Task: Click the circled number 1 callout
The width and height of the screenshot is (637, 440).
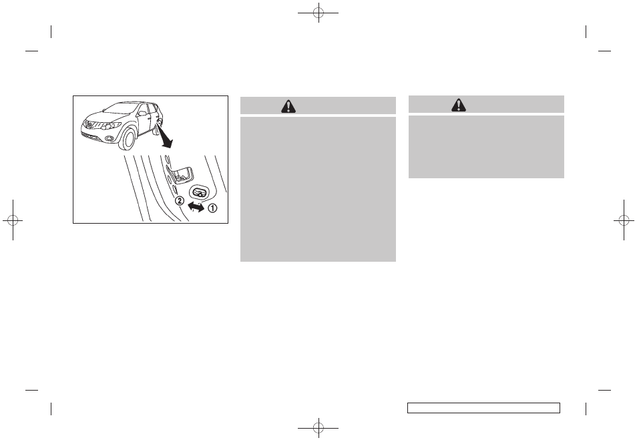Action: click(x=213, y=207)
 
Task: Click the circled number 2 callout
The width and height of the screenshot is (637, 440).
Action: click(x=179, y=200)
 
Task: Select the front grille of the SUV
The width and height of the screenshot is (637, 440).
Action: click(x=93, y=125)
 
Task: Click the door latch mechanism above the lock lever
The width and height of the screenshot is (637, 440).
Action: click(x=180, y=174)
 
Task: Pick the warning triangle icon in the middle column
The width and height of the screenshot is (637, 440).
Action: click(x=288, y=105)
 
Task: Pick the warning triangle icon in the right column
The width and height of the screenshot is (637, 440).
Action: click(x=459, y=104)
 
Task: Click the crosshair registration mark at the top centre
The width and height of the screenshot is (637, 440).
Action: click(x=318, y=12)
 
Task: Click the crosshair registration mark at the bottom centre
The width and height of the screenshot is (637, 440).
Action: click(x=318, y=427)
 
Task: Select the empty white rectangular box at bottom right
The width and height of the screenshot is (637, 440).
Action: click(x=483, y=408)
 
